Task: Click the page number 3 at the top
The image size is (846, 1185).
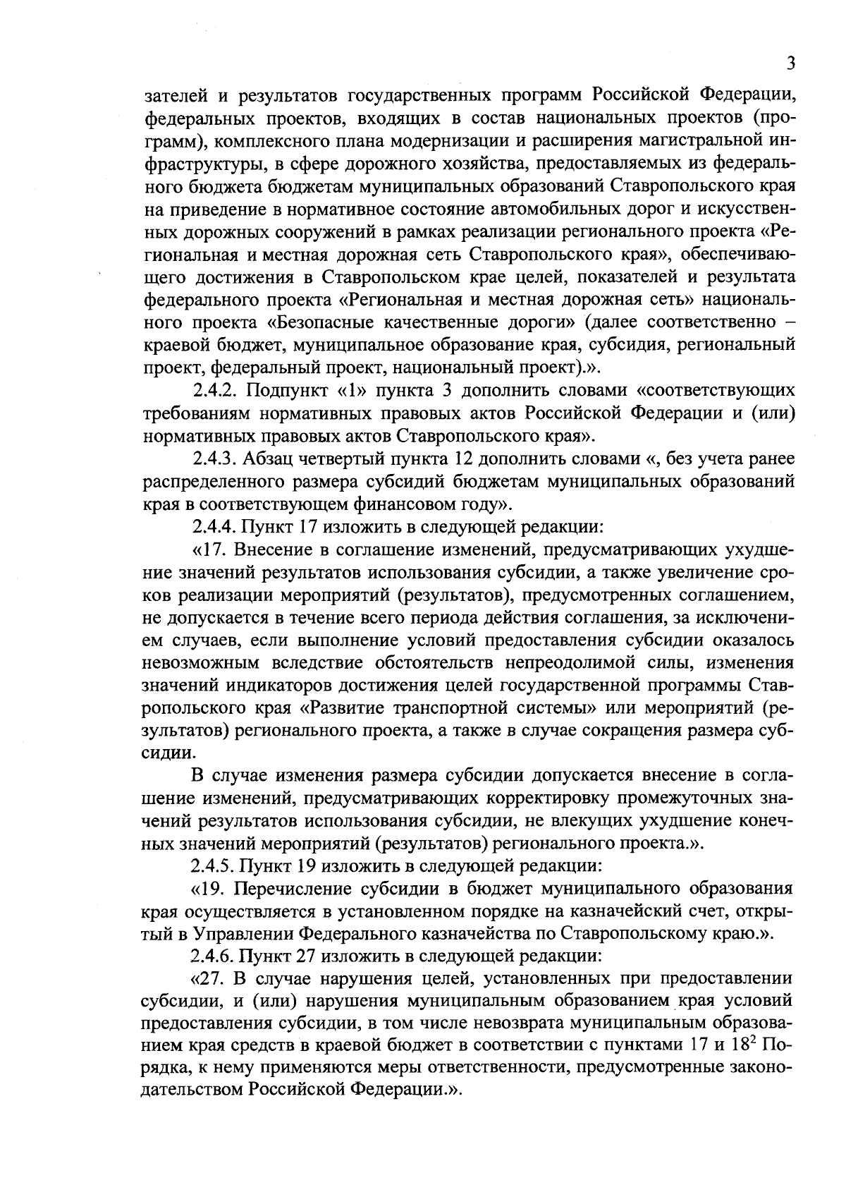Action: (x=791, y=64)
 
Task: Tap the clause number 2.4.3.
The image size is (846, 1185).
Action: (x=216, y=458)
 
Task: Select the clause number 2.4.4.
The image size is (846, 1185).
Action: (x=216, y=527)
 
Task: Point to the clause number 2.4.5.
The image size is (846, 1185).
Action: (x=216, y=865)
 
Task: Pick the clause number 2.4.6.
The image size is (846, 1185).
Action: (x=216, y=956)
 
